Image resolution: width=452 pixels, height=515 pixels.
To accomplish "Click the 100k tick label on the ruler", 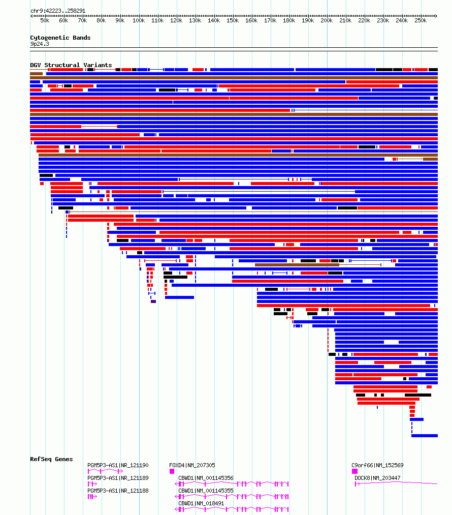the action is point(139,21).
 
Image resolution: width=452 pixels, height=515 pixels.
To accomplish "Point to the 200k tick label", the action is point(327,21).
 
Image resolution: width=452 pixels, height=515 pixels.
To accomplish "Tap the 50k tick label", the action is point(45,21).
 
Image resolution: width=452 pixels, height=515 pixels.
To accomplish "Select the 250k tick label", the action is point(421,21).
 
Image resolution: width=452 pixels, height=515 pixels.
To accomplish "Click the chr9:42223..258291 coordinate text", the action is point(58,11).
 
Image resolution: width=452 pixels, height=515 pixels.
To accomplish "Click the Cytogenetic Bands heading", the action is point(60,38).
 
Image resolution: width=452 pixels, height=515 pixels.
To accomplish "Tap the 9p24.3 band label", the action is point(40,44).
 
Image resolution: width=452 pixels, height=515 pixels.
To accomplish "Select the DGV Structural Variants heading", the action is point(71,65).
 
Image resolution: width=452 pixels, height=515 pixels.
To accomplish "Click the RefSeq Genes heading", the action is point(51,459).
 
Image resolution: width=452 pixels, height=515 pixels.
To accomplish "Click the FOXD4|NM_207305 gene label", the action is point(192,465).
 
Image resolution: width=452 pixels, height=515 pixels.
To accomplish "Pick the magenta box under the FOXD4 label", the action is point(172,471).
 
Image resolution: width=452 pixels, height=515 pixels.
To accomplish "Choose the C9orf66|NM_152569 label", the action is point(377,465).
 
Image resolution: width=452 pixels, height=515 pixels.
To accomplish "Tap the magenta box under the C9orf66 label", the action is point(354,471).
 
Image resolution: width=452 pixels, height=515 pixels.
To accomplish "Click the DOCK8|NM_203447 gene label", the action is point(377,478).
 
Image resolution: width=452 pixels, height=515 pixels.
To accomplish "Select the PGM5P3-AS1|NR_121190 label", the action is point(118,465).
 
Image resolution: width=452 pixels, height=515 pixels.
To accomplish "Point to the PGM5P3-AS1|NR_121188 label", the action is point(118,491).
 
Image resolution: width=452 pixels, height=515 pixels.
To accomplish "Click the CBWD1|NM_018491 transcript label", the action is point(202,503).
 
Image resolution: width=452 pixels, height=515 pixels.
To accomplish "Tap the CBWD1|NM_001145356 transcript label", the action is point(206,478).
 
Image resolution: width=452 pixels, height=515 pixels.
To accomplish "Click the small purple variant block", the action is point(153,301).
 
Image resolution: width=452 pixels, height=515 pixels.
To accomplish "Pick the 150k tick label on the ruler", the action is point(233,21).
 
